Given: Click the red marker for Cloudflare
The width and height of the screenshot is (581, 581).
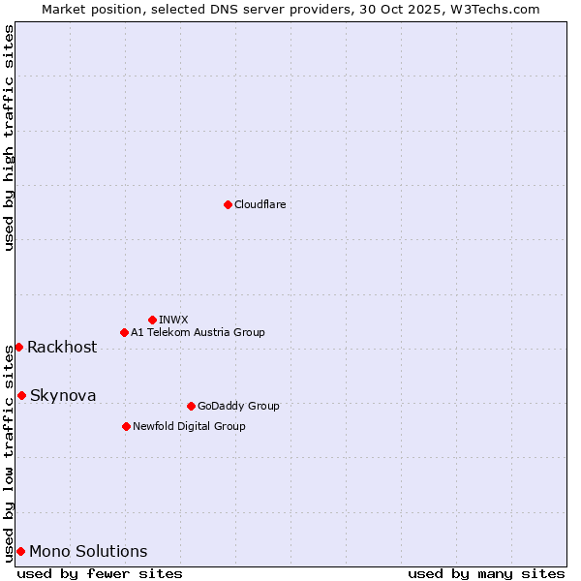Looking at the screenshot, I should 228,204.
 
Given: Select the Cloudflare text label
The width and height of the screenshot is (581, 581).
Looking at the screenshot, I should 260,204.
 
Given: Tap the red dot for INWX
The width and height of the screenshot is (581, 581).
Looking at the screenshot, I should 152,320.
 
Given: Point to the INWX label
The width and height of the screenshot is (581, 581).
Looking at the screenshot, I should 173,320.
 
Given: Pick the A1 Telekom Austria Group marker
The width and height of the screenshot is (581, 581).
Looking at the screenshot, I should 124,332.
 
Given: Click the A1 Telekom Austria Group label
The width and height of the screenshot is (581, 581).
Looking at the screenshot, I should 198,332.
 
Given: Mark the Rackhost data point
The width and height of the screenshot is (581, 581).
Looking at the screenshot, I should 18,347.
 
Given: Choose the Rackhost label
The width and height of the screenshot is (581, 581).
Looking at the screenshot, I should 62,348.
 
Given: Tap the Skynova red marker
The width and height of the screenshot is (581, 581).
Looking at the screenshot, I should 21,395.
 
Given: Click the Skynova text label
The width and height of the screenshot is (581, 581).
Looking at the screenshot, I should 63,396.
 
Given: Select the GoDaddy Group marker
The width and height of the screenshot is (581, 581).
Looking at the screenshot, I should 191,406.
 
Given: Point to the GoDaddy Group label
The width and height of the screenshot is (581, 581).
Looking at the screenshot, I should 238,406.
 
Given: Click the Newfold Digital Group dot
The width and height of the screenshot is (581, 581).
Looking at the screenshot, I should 126,426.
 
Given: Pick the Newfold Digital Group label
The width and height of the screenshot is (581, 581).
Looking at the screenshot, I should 189,426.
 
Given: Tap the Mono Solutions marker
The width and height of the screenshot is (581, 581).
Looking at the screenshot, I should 20,551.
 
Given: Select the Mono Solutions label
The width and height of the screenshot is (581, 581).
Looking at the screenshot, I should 88,552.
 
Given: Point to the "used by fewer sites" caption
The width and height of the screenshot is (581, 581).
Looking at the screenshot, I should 100,573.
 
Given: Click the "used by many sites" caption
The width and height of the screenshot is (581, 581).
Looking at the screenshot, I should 486,573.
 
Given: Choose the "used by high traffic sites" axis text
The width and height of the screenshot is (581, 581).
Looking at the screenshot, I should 9,138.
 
